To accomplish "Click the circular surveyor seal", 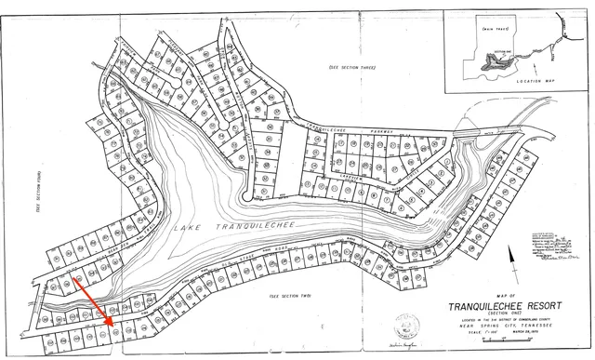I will [x=406, y=326].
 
